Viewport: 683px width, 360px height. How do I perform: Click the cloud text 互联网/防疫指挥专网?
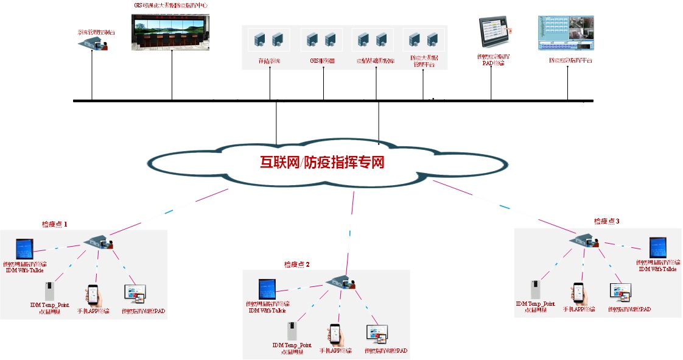323,163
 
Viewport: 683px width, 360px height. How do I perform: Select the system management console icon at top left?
93,43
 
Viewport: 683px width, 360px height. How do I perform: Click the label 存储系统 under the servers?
269,61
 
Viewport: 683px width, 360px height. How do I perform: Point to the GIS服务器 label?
323,61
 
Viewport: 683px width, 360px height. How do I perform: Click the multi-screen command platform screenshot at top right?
566,34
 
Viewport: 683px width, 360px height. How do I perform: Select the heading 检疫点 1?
54,224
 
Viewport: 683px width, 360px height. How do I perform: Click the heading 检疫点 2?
297,264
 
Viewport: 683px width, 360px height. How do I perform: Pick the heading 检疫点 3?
606,221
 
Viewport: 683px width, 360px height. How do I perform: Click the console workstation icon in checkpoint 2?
340,282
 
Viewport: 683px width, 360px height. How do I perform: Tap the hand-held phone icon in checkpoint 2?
334,334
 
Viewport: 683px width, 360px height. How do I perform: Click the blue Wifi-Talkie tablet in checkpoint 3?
657,247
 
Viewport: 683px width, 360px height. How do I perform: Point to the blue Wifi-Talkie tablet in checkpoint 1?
25,249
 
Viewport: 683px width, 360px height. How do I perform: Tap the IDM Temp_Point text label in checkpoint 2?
292,347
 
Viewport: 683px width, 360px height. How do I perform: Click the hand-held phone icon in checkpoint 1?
93,295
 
